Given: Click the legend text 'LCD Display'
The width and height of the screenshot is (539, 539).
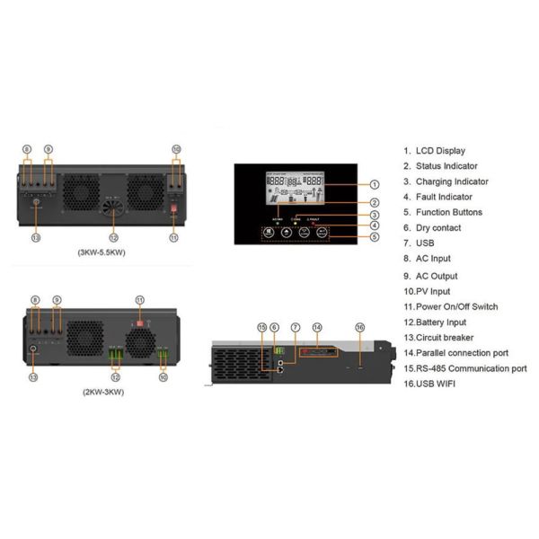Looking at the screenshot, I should pos(440,151).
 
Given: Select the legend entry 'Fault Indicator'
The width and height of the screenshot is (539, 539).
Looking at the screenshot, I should pos(444,197).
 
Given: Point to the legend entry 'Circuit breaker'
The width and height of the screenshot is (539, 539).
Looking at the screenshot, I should pos(448,337).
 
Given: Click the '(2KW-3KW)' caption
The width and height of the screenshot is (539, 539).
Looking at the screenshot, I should pos(102,393).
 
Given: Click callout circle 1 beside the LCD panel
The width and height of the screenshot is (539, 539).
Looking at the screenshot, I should pos(375,184).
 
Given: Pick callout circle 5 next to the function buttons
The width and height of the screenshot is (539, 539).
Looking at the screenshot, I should pos(375,237).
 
